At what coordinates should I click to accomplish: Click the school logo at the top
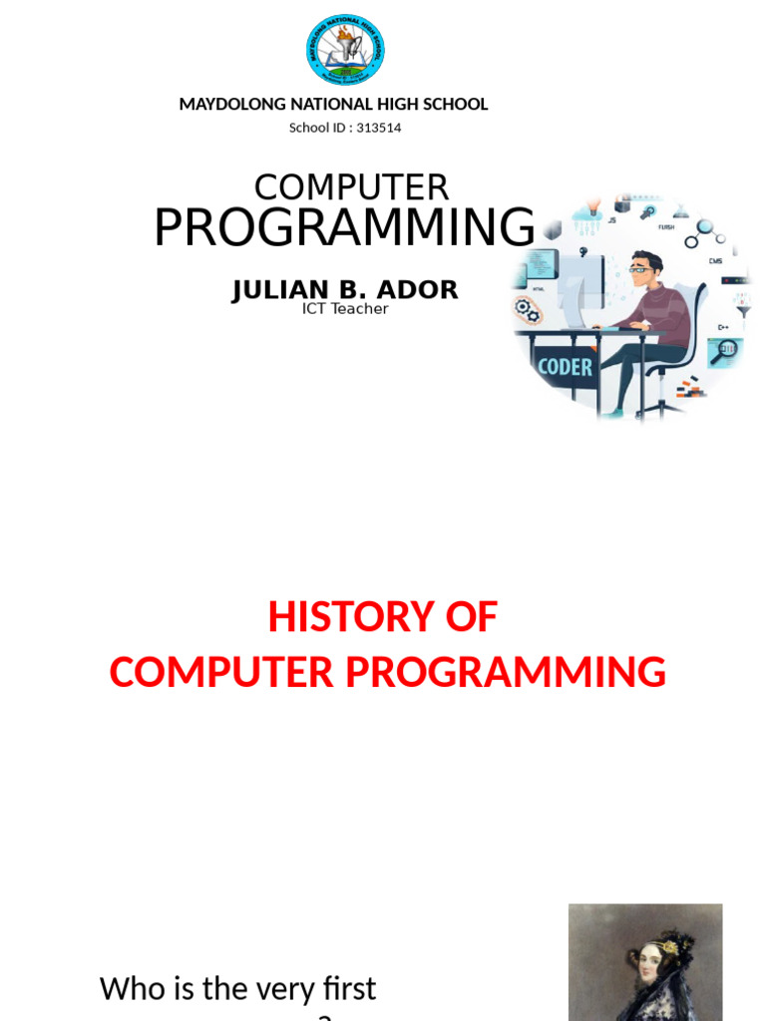(x=345, y=50)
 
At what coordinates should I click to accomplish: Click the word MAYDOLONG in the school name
(x=228, y=105)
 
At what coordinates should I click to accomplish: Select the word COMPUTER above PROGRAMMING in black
(x=351, y=187)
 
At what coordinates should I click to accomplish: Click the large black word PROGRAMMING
(x=344, y=228)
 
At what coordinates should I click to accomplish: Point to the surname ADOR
(x=419, y=290)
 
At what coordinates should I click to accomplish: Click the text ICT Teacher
(x=345, y=309)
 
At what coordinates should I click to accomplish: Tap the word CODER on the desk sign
(x=565, y=367)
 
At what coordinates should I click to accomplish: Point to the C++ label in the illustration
(x=723, y=326)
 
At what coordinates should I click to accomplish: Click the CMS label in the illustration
(x=715, y=261)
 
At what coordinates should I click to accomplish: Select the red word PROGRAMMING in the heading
(x=506, y=673)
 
